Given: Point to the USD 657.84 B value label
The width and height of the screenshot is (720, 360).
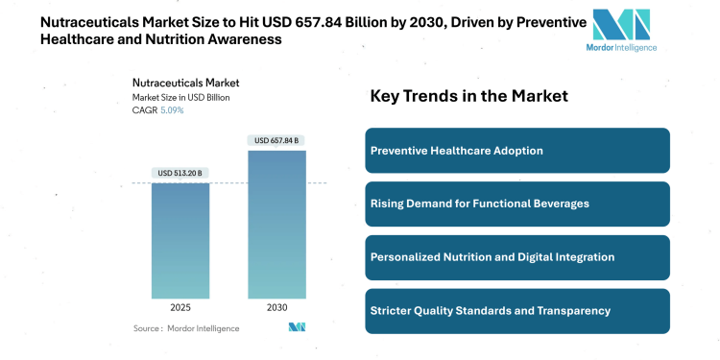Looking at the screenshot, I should [x=277, y=141].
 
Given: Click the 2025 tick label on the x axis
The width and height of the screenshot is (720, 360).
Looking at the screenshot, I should [x=180, y=308].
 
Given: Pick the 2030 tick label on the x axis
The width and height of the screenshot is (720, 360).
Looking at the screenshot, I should [x=277, y=308].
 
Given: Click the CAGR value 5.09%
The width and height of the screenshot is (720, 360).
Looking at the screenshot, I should [x=172, y=110].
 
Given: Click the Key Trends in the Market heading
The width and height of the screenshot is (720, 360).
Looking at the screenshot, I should [x=469, y=96].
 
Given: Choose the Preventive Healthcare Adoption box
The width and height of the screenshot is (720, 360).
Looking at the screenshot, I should [x=517, y=151].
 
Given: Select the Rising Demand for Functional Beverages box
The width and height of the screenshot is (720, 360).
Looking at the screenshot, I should [x=517, y=204].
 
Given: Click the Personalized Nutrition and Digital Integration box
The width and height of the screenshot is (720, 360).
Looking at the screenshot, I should [x=517, y=257].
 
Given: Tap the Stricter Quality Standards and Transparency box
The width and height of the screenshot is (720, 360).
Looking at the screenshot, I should [x=517, y=311].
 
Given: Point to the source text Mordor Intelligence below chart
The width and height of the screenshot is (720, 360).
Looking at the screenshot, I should [x=204, y=328].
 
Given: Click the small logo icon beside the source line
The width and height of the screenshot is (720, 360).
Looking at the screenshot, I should [x=297, y=328].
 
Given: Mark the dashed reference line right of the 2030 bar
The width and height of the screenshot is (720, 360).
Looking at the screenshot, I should [x=317, y=182].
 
